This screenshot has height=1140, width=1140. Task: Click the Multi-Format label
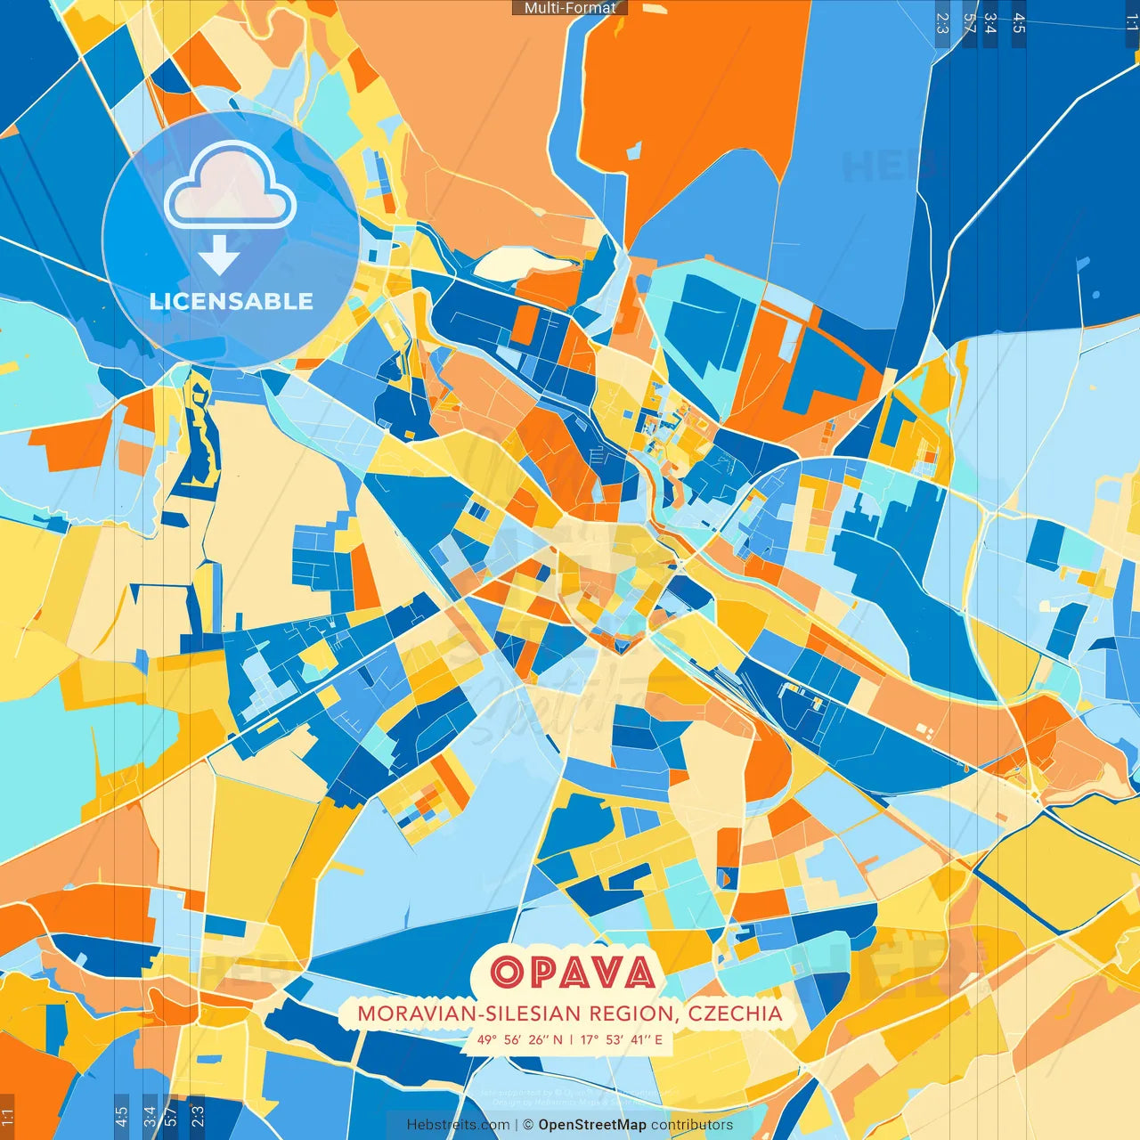click(570, 8)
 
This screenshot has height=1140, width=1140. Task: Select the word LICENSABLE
click(232, 302)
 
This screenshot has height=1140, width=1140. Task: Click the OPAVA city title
click(573, 972)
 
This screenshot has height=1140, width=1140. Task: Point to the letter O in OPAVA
click(508, 972)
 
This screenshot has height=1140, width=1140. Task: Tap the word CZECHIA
click(735, 1014)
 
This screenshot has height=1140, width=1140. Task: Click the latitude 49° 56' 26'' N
click(520, 1039)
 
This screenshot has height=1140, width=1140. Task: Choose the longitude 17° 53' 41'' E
click(622, 1039)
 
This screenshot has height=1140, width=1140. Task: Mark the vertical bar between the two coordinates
click(572, 1039)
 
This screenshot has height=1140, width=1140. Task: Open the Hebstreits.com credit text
click(458, 1125)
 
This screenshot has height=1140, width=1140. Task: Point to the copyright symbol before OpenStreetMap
click(528, 1125)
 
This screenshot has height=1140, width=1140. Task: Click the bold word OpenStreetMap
click(592, 1125)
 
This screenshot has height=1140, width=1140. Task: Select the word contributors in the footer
click(692, 1125)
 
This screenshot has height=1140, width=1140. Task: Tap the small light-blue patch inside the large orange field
click(633, 151)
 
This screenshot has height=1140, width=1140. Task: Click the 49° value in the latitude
click(486, 1039)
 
